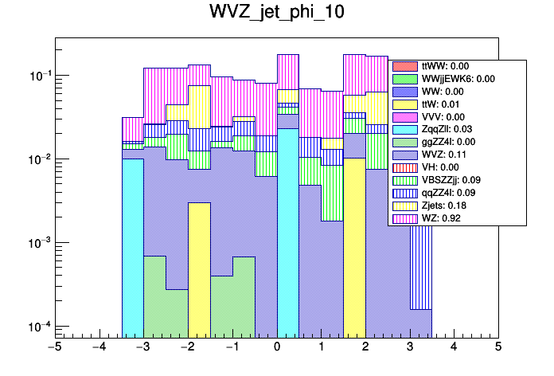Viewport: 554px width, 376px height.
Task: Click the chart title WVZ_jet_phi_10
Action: [276, 14]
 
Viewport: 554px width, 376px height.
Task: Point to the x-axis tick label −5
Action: [55, 347]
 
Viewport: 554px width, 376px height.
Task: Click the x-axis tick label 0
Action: [277, 347]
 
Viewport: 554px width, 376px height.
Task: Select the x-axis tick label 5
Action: [498, 347]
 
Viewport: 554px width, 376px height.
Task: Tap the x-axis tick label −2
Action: [188, 347]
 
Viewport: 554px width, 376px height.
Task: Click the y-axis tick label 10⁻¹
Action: [37, 76]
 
